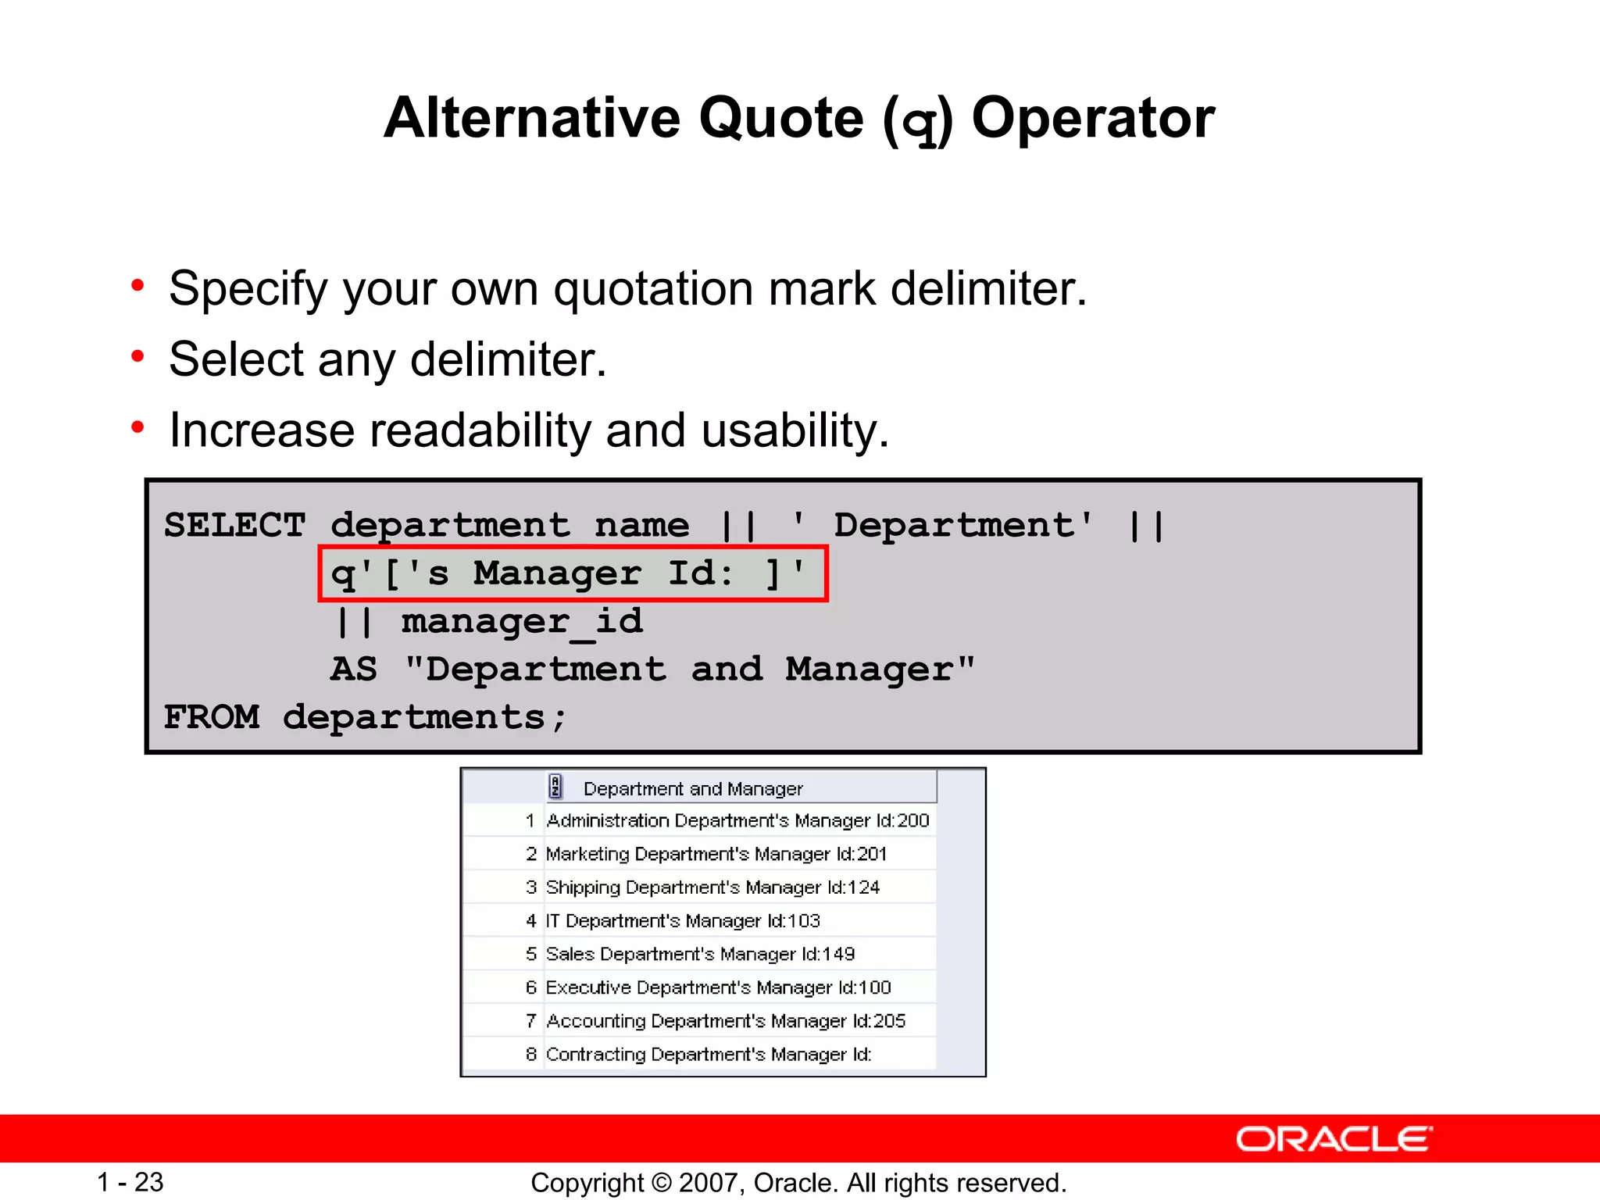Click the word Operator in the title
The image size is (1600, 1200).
pyautogui.click(x=1092, y=119)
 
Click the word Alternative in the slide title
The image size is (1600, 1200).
pyautogui.click(x=532, y=119)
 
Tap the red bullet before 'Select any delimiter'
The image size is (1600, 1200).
pyautogui.click(x=138, y=357)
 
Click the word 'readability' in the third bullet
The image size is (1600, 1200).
pyautogui.click(x=478, y=430)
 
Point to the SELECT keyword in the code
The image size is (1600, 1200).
pyautogui.click(x=234, y=525)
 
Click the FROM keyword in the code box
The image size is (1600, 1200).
pyautogui.click(x=211, y=717)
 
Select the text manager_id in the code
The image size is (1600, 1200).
pyautogui.click(x=522, y=622)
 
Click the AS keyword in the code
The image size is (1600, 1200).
pyautogui.click(x=353, y=670)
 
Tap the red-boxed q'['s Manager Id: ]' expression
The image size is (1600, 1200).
pyautogui.click(x=572, y=573)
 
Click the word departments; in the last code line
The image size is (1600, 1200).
pyautogui.click(x=424, y=717)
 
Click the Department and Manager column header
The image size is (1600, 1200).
pyautogui.click(x=692, y=789)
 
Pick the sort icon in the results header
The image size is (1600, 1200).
pyautogui.click(x=555, y=787)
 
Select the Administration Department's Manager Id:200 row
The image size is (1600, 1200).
pyautogui.click(x=737, y=821)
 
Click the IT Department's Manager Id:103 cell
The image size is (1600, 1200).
pyautogui.click(x=682, y=921)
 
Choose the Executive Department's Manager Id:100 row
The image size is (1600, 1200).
pyautogui.click(x=718, y=987)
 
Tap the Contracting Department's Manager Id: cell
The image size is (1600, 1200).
pyautogui.click(x=708, y=1055)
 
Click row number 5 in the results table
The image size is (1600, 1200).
pyautogui.click(x=531, y=954)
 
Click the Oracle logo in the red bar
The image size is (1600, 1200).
pyautogui.click(x=1334, y=1139)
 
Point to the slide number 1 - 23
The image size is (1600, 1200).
pyautogui.click(x=130, y=1182)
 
